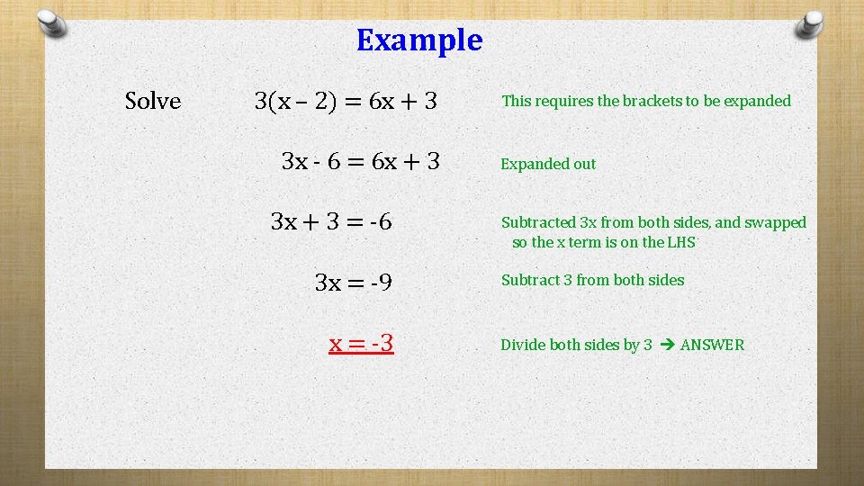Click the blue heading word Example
tap(419, 40)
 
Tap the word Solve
tap(153, 102)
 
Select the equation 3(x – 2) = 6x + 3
tap(346, 102)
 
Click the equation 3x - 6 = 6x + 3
tap(360, 162)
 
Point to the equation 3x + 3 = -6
tap(331, 221)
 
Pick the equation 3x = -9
tap(353, 283)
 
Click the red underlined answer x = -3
tap(361, 344)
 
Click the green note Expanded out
tap(548, 164)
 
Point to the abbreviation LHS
tap(680, 242)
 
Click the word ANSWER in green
tap(712, 345)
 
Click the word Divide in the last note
tap(523, 345)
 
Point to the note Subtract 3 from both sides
tap(592, 280)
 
